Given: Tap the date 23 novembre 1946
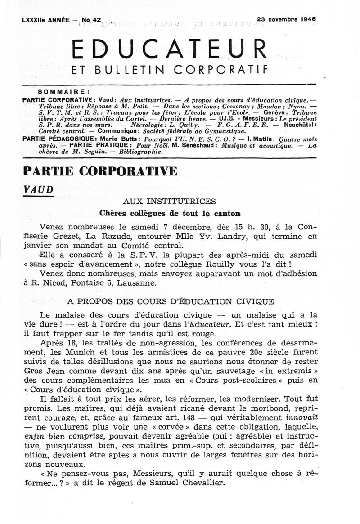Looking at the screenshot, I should click(286, 19).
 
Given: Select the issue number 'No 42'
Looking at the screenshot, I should click(94, 20).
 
